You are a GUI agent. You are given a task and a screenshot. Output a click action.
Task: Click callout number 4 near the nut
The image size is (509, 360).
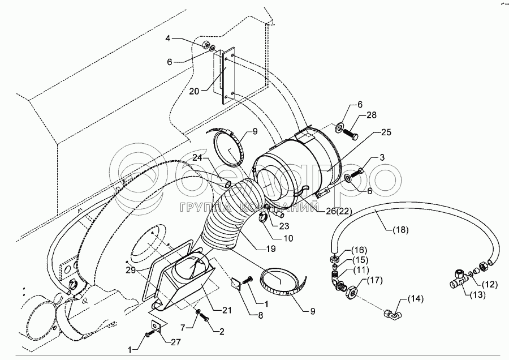click(167, 38)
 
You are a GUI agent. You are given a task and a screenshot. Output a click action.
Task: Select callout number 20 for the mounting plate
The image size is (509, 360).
click(194, 91)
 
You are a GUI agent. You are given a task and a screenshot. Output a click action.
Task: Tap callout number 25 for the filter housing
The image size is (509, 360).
click(386, 132)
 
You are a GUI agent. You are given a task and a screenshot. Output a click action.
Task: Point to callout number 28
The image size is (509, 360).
click(372, 115)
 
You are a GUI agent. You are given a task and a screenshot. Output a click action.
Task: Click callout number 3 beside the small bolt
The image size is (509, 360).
click(382, 157)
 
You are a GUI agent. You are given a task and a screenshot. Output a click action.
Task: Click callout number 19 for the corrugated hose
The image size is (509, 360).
click(270, 249)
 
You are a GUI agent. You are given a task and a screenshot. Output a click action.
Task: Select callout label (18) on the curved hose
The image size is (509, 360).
click(400, 230)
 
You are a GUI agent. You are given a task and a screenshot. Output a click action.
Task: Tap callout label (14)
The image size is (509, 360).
click(415, 299)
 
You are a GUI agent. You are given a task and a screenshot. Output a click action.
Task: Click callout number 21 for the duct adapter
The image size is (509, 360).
click(227, 310)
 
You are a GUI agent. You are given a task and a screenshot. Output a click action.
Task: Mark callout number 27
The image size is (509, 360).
click(176, 342)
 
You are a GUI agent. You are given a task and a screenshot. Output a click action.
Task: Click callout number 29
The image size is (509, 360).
click(131, 269)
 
